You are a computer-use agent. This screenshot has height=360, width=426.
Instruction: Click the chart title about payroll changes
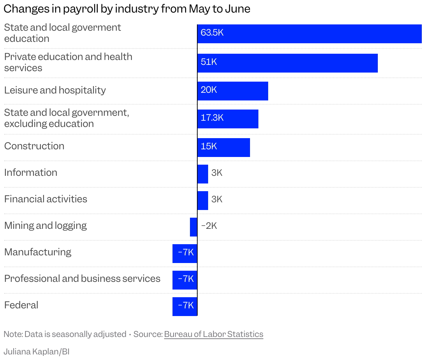click(127, 9)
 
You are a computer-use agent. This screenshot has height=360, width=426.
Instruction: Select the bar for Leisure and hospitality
click(233, 91)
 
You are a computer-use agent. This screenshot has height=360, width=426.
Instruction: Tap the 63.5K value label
click(212, 33)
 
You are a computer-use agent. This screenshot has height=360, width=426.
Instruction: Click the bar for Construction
click(224, 148)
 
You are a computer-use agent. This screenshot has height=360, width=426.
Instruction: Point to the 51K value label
click(209, 62)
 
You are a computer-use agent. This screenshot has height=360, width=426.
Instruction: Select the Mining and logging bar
click(193, 227)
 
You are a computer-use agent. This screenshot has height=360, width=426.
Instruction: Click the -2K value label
click(209, 226)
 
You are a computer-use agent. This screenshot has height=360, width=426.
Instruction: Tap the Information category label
click(31, 173)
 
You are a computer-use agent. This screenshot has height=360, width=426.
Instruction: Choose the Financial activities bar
click(203, 201)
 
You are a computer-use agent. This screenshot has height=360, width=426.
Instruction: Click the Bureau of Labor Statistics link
click(213, 334)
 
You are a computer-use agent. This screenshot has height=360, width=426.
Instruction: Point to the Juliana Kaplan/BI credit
click(37, 352)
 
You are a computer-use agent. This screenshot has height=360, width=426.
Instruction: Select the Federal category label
click(21, 305)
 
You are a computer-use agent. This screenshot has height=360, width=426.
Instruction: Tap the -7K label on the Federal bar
click(186, 306)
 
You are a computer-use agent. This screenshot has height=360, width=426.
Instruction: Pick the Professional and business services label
click(82, 279)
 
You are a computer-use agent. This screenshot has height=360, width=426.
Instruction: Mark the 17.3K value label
click(212, 118)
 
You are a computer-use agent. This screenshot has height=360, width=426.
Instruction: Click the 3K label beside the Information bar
click(217, 173)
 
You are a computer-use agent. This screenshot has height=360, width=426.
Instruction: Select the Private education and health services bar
click(287, 63)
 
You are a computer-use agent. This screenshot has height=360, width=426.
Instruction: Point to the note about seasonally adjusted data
click(65, 334)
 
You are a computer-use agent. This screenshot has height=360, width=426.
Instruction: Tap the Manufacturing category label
click(38, 252)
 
